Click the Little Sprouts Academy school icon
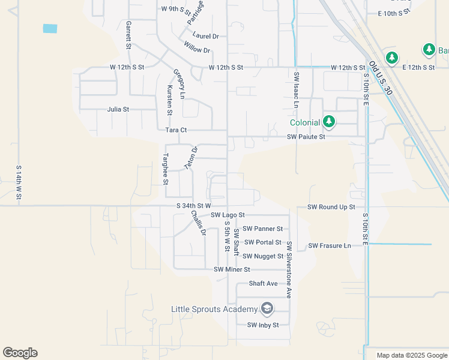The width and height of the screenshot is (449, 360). (x=267, y=309)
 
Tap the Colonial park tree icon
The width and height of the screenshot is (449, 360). (x=329, y=122)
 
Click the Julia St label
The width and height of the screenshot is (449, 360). (x=118, y=110)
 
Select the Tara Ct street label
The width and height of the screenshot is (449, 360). (x=176, y=130)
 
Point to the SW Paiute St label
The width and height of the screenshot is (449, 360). (x=306, y=137)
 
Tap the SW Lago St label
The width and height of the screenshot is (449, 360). (x=228, y=215)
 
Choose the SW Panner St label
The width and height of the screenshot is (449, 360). (x=264, y=229)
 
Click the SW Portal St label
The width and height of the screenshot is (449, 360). (x=262, y=242)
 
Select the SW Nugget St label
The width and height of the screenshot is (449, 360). (x=263, y=256)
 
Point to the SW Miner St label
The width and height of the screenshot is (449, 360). (x=232, y=269)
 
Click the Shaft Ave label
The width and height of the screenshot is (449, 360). (x=264, y=283)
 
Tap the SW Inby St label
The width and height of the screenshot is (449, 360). (x=264, y=325)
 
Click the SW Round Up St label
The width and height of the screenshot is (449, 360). (x=331, y=207)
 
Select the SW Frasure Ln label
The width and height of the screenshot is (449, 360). (x=330, y=246)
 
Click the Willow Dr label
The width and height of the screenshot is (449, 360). (x=197, y=49)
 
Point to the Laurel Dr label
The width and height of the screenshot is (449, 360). (x=206, y=36)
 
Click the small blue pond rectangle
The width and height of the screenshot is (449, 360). (x=50, y=28)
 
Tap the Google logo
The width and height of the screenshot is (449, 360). (x=20, y=353)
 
